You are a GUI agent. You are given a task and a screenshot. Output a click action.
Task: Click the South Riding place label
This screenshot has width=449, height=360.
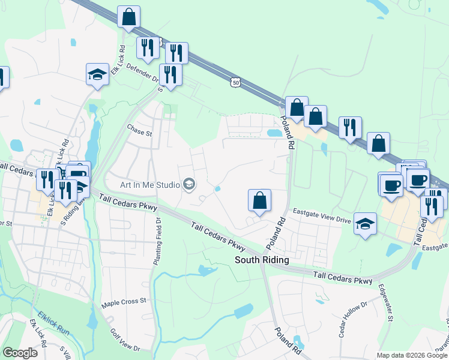point(262,260)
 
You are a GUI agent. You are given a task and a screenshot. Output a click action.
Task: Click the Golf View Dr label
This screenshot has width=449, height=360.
point(125,340)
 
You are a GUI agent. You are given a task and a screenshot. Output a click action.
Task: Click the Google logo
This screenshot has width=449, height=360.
point(20,353)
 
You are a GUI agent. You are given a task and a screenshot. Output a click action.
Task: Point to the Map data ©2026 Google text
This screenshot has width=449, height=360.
point(411,355)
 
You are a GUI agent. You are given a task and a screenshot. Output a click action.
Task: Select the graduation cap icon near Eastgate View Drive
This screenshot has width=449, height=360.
point(365,224)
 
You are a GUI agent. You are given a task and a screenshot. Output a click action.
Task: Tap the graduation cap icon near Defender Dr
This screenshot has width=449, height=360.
point(97,74)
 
